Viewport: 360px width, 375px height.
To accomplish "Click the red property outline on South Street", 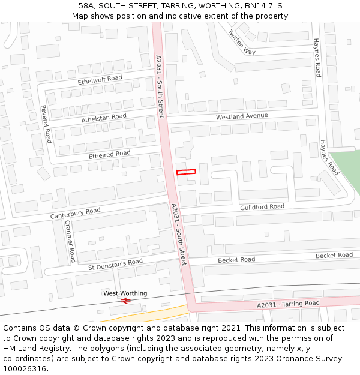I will tap(186, 172).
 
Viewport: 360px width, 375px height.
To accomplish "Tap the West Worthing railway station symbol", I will tap(125, 301).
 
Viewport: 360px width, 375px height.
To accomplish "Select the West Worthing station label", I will tap(125, 293).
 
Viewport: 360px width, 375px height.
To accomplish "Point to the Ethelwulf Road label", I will tap(100, 79).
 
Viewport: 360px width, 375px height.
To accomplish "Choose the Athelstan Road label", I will tap(104, 118).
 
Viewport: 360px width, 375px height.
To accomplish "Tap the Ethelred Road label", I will tap(109, 154).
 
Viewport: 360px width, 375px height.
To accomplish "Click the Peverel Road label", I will tap(45, 124).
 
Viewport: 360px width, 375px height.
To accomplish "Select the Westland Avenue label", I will tap(242, 116).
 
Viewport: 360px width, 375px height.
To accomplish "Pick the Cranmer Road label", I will tap(70, 241).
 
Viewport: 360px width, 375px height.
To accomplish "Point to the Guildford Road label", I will tap(262, 207).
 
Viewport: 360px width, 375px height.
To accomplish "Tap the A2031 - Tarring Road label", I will tap(288, 304).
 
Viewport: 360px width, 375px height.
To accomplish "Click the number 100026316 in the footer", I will tap(25, 369).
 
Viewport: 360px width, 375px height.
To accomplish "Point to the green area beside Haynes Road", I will tap(348, 168).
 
